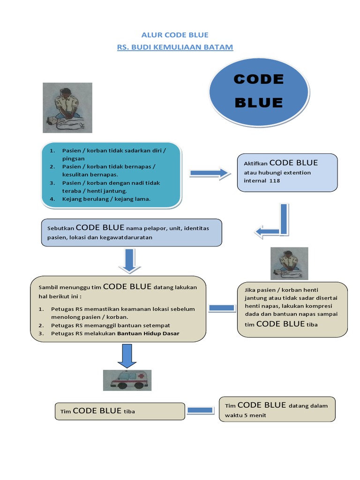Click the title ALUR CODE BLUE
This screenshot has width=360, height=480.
[175, 35]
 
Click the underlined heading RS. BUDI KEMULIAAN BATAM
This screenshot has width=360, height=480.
[175, 47]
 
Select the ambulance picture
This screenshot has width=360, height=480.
[127, 380]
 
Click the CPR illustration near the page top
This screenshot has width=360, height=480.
[67, 107]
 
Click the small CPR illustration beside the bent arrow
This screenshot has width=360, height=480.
[289, 263]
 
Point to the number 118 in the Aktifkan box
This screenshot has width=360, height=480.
[275, 180]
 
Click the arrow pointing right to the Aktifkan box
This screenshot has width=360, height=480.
[209, 173]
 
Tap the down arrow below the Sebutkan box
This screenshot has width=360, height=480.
[129, 261]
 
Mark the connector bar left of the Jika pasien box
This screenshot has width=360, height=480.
[222, 308]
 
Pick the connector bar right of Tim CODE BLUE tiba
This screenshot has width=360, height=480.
[201, 411]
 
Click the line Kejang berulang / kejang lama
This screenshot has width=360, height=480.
[106, 199]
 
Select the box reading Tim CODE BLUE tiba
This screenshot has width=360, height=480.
[120, 411]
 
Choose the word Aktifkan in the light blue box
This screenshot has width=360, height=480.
[255, 164]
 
